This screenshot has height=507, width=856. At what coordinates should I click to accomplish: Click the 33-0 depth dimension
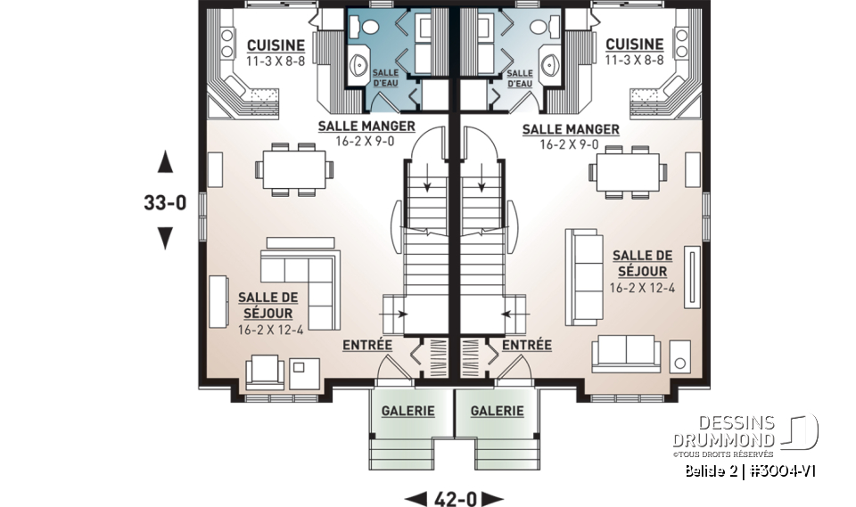165,201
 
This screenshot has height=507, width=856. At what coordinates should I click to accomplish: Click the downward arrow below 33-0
165,238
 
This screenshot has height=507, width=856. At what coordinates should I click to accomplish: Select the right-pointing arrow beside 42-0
492,498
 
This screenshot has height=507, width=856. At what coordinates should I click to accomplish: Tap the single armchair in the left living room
265,370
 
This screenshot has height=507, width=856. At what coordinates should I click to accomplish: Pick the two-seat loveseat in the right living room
627,352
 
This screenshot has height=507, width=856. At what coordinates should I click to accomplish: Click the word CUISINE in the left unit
276,45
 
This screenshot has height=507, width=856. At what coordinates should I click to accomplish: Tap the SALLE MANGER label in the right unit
571,129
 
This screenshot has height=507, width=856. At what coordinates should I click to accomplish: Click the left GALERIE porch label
407,411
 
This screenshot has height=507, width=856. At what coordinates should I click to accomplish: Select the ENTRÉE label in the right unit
526,345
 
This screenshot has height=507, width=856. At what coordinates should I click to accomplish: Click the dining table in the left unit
292,166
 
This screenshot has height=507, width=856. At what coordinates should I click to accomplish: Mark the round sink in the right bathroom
547,65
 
